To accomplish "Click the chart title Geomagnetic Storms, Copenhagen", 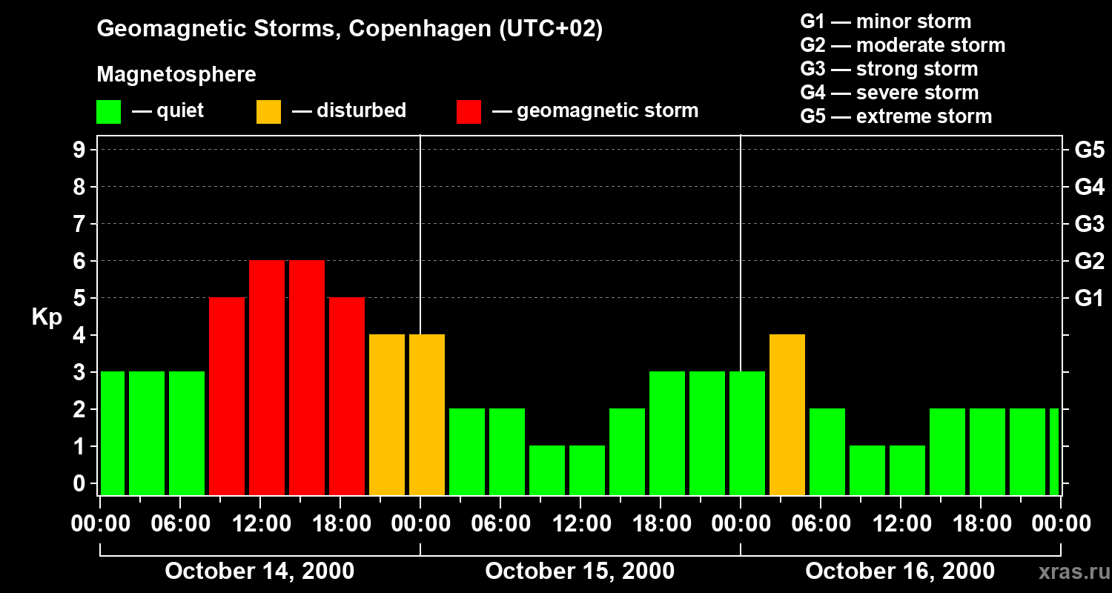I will (349, 29).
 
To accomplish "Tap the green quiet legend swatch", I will (108, 112).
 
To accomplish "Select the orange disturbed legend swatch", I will (268, 112).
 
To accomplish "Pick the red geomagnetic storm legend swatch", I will (469, 112).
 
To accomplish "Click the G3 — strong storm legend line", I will (889, 69).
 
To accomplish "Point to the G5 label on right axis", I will (1089, 150).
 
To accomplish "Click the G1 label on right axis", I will (1089, 299).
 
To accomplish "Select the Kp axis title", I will (47, 317).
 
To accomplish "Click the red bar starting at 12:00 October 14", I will (267, 378).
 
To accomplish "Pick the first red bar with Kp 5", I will (227, 397).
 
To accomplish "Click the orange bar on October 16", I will (787, 415).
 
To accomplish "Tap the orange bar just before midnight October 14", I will (387, 415).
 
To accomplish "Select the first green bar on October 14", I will (113, 434).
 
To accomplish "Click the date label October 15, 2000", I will (580, 572).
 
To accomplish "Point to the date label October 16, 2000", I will (900, 572).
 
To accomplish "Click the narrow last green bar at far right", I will (1054, 452).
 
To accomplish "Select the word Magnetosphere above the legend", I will (176, 75).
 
